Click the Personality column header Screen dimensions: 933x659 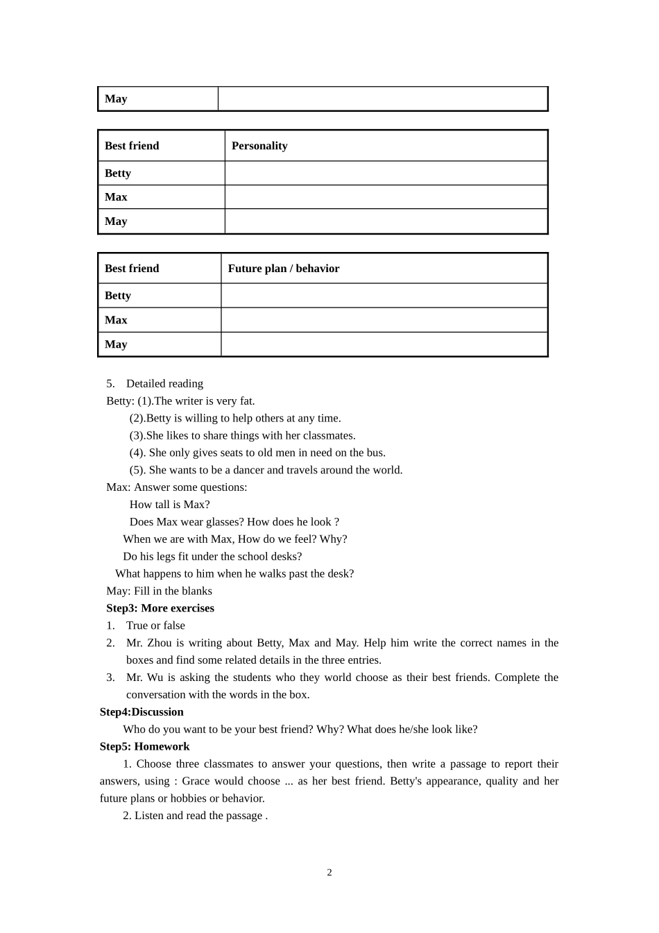tap(259, 146)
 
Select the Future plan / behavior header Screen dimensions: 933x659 tap(284, 269)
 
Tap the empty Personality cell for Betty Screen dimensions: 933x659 tap(386, 173)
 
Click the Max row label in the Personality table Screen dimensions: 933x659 tap(116, 197)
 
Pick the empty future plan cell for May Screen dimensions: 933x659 tap(384, 344)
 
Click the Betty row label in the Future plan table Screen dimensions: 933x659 tap(118, 296)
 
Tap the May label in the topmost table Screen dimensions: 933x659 tap(116, 99)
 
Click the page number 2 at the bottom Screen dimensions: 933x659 tap(329, 873)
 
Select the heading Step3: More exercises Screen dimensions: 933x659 tap(160, 608)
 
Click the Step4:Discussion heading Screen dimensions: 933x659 tap(142, 712)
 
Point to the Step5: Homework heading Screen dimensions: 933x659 tap(144, 746)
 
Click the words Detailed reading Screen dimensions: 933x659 tap(164, 383)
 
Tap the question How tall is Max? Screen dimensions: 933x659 tap(169, 505)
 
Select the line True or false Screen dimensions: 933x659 tap(155, 625)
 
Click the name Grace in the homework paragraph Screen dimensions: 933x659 tap(196, 781)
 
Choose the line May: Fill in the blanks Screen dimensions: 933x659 tap(159, 591)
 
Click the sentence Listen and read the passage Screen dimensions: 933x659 tap(198, 816)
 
